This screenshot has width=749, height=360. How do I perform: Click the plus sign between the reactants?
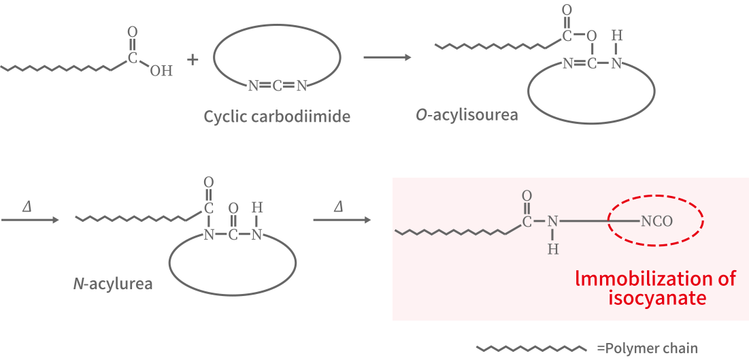tap(193, 60)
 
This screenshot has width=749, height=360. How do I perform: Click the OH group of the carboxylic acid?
tap(161, 71)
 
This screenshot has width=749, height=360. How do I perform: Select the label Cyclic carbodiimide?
tap(277, 116)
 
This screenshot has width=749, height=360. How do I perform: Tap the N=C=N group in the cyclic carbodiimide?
tap(278, 86)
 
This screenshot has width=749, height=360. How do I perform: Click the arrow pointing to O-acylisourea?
tap(387, 57)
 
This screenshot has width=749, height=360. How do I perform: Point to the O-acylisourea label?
tap(467, 114)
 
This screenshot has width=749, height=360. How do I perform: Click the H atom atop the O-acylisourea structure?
tap(617, 35)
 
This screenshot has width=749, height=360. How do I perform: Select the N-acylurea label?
tap(113, 282)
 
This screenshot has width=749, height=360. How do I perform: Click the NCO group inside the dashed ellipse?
tap(656, 221)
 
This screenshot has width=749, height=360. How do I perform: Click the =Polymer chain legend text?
tap(648, 348)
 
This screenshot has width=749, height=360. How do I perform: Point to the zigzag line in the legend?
tap(531, 348)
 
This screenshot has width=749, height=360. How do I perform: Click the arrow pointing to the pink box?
tap(342, 220)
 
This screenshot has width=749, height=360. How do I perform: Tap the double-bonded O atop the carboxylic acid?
tap(132, 31)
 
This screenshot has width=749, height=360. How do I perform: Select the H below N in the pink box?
tap(553, 249)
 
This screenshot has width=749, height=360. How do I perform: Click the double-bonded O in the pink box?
tap(527, 196)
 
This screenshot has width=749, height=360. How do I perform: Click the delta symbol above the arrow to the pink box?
tap(338, 206)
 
